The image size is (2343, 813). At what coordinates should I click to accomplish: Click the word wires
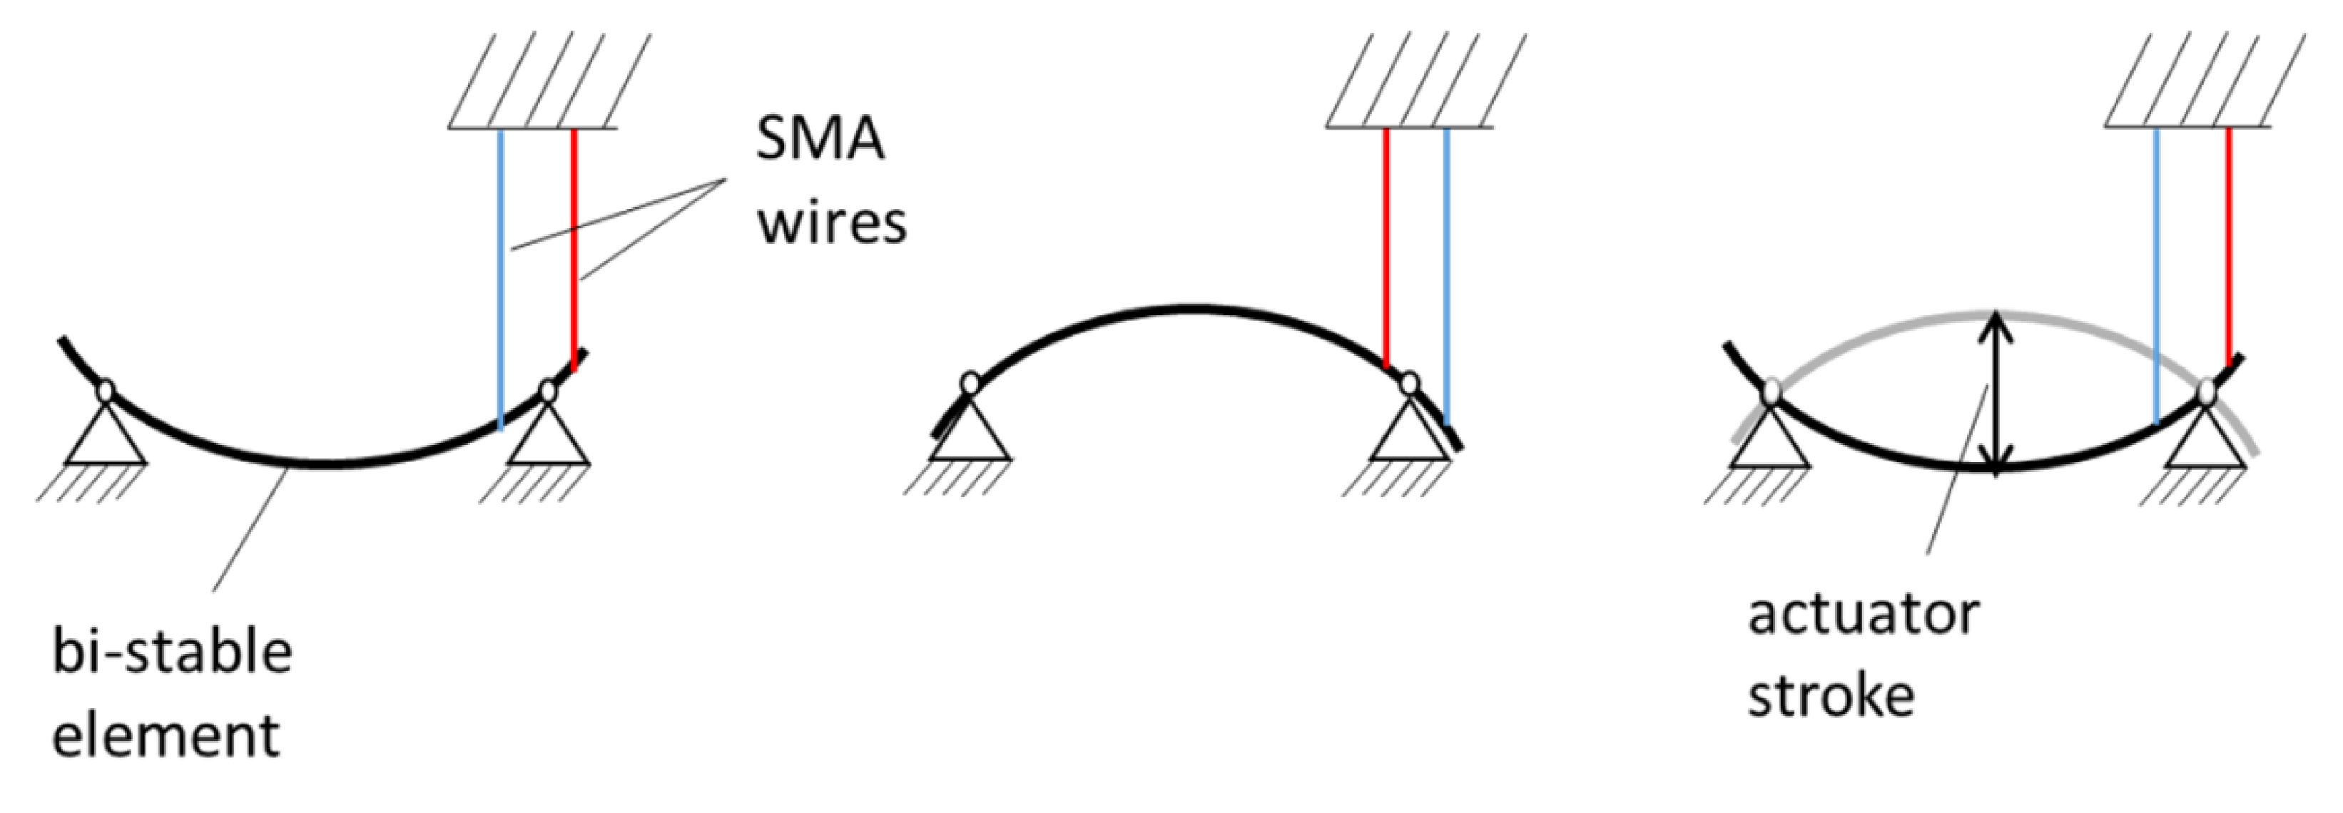tap(831, 223)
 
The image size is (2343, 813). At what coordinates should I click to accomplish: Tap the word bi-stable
tap(172, 653)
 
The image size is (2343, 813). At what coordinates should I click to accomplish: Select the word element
tap(166, 735)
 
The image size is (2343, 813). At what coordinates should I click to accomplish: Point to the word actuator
tap(1863, 615)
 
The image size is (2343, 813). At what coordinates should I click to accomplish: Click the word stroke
tap(1831, 697)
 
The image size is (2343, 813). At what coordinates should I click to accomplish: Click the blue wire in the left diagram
tap(500, 273)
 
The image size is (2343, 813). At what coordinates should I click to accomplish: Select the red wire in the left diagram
tap(574, 245)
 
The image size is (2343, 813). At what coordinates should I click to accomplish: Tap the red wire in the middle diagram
tap(1386, 245)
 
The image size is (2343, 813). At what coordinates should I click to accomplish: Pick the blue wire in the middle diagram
tap(1446, 273)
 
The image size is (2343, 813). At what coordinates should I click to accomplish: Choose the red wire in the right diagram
tap(2228, 245)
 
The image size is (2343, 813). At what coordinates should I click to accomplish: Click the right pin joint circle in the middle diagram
tap(1409, 384)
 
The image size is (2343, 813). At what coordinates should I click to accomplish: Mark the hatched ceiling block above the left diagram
tap(547, 82)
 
